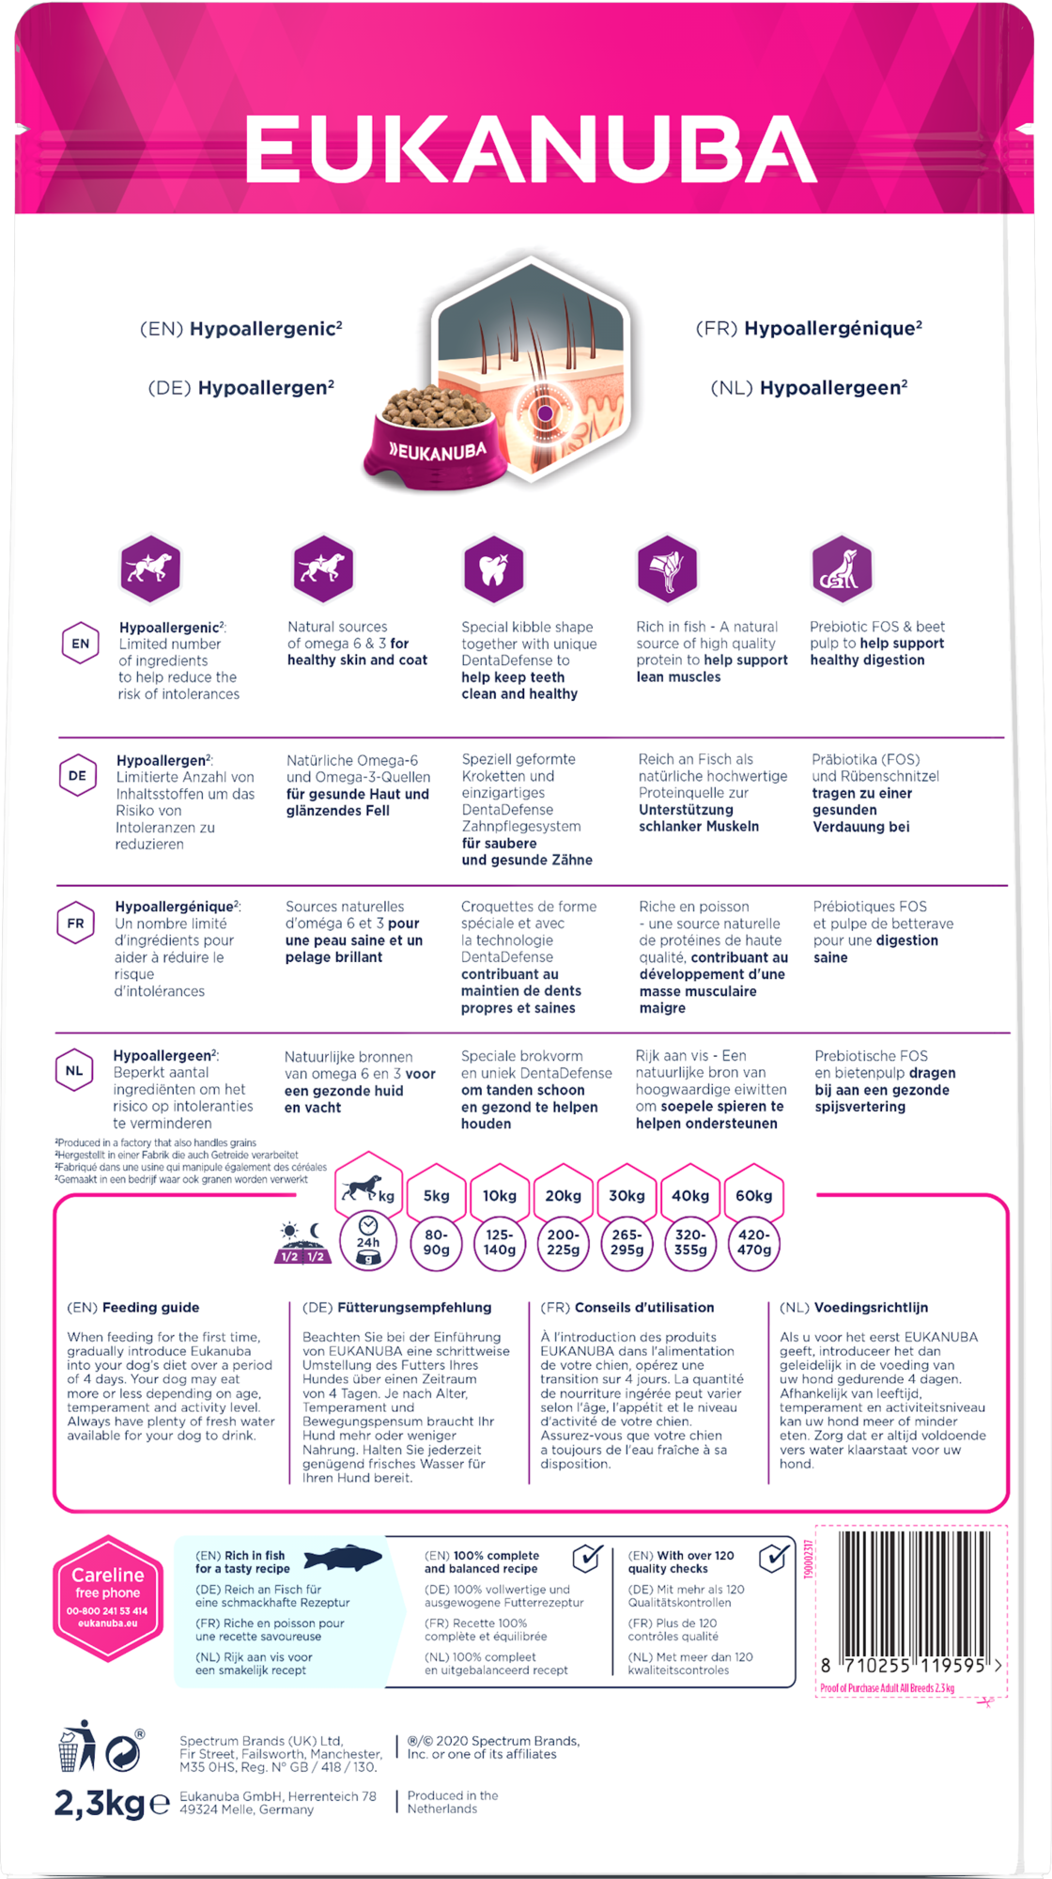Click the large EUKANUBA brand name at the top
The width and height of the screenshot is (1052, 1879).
pyautogui.click(x=531, y=150)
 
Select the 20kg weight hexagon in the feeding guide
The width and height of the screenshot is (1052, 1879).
pyautogui.click(x=563, y=1196)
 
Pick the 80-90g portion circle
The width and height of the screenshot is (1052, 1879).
pyautogui.click(x=436, y=1242)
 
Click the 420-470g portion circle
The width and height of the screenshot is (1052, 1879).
pyautogui.click(x=753, y=1242)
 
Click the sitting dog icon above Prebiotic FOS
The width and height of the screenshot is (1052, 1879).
pyautogui.click(x=841, y=567)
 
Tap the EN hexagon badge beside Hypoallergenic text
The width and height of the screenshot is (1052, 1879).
pyautogui.click(x=81, y=644)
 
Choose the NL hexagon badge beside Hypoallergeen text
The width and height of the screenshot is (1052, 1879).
pyautogui.click(x=74, y=1071)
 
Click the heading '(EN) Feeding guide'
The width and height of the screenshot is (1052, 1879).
pyautogui.click(x=133, y=1307)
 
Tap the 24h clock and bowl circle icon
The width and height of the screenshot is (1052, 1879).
pyautogui.click(x=368, y=1242)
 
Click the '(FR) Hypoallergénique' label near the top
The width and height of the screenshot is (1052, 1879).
pyautogui.click(x=809, y=329)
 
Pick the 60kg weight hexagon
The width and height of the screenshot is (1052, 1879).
pyautogui.click(x=753, y=1196)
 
